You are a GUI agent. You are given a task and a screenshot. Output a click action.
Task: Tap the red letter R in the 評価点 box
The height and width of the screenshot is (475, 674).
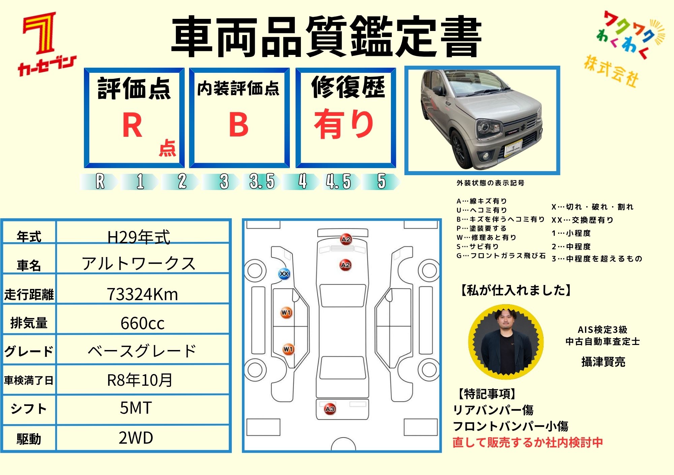coord(132,125)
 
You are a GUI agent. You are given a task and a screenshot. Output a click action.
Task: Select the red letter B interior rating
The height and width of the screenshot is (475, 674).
coord(239,124)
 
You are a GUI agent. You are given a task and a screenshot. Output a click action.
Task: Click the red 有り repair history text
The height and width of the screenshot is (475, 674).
coord(344,124)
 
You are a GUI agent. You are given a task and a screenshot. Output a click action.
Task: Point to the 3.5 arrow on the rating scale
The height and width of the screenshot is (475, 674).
coord(262,182)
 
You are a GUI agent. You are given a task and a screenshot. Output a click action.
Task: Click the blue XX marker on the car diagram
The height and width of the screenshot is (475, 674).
coord(284,274)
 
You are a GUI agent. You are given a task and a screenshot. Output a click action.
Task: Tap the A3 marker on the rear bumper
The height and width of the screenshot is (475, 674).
coord(330,409)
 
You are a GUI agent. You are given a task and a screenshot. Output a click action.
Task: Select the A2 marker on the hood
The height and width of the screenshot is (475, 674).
coord(345,265)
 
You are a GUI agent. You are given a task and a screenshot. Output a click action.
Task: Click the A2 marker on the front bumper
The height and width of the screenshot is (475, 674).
coord(346,239)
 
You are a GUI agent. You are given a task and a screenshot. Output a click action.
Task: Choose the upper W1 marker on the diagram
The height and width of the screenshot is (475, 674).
coord(286,313)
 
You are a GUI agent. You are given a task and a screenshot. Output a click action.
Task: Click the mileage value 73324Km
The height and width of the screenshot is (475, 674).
coord(142,294)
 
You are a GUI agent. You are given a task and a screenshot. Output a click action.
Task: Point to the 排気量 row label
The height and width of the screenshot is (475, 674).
coord(29,323)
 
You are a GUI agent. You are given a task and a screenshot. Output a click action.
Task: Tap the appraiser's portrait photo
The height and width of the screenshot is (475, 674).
coord(506,342)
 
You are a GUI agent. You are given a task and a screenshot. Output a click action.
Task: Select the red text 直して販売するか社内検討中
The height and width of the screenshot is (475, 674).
coord(528,443)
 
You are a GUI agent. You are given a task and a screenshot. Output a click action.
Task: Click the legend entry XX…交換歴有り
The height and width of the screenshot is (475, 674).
coord(582,220)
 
